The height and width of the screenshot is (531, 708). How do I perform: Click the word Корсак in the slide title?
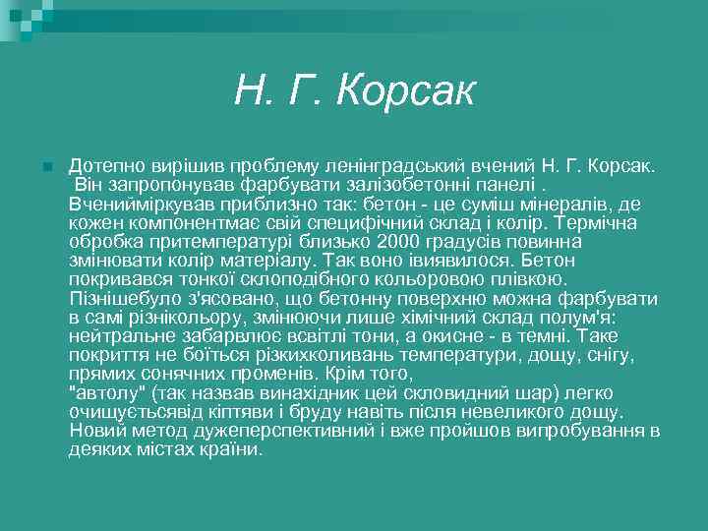click(405, 92)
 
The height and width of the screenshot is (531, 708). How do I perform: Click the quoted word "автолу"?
click(102, 393)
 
